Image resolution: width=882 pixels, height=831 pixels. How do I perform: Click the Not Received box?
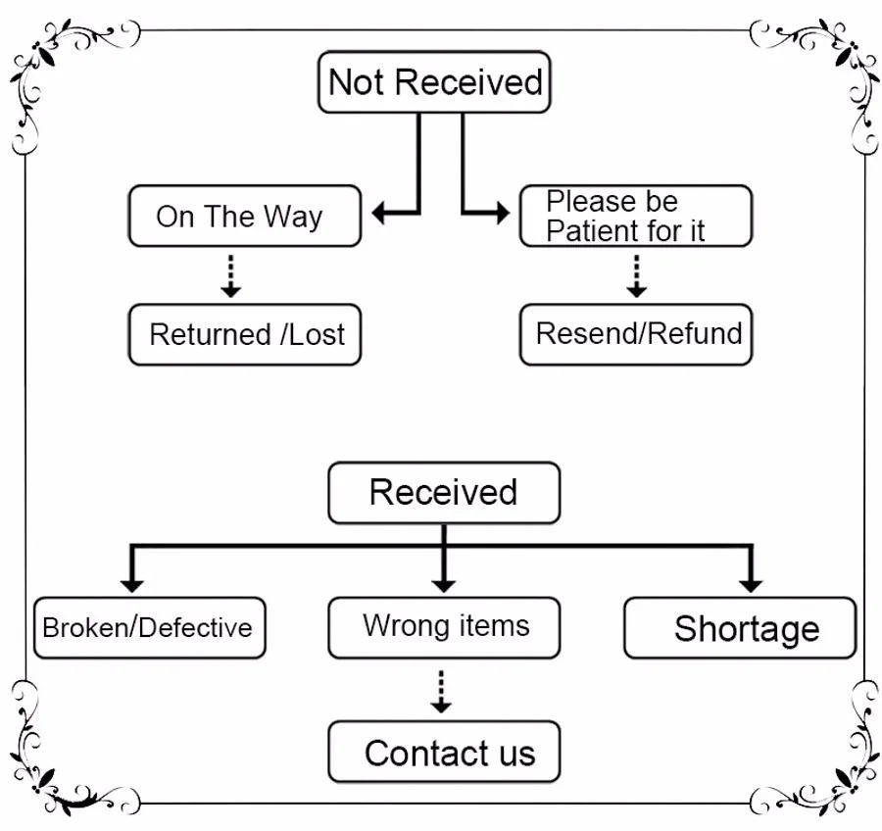434,82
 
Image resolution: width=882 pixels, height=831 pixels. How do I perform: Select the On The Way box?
245,216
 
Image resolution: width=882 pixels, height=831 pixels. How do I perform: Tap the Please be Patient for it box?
636,216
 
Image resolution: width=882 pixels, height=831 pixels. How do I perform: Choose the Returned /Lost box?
245,335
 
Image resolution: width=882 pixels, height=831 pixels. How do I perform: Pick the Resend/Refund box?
636,335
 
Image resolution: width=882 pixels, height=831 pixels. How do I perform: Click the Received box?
444,493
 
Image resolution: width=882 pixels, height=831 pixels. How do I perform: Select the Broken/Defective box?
150,628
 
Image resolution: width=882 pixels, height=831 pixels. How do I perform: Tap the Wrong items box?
444,628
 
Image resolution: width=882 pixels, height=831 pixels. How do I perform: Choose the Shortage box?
740,628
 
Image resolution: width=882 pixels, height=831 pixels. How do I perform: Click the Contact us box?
444,752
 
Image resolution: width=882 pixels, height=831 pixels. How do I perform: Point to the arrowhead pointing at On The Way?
379,214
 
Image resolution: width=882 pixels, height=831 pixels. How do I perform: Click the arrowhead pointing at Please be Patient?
503,214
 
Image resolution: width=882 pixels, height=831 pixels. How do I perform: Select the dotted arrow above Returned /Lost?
230,275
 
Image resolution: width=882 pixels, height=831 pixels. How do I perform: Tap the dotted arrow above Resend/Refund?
636,275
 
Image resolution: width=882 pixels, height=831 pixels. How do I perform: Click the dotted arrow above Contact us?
441,692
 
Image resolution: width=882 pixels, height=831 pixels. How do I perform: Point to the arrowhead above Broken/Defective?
131,585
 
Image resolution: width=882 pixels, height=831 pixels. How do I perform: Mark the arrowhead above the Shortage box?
751,585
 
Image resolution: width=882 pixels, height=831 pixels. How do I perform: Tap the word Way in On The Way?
293,218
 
